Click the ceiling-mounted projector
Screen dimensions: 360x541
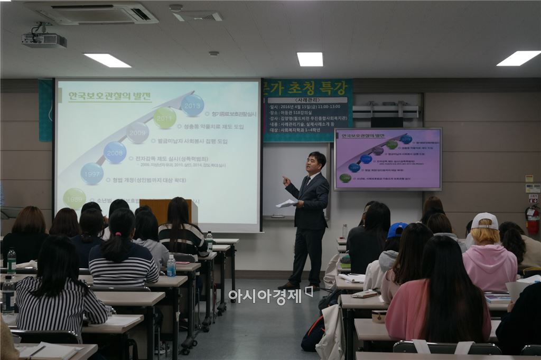(44, 40)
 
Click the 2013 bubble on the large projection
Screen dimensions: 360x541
(192, 105)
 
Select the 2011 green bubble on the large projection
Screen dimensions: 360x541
(165, 118)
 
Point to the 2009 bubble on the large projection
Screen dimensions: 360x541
(138, 132)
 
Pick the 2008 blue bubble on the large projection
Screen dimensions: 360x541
(115, 153)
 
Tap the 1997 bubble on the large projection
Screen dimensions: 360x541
(92, 174)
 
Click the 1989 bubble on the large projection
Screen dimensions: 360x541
(74, 198)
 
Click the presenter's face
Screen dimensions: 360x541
(316, 164)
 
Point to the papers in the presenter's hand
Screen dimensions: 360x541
(287, 203)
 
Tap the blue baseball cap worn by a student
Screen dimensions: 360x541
(396, 230)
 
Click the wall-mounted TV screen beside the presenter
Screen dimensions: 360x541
(388, 159)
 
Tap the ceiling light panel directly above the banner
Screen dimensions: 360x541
(310, 59)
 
